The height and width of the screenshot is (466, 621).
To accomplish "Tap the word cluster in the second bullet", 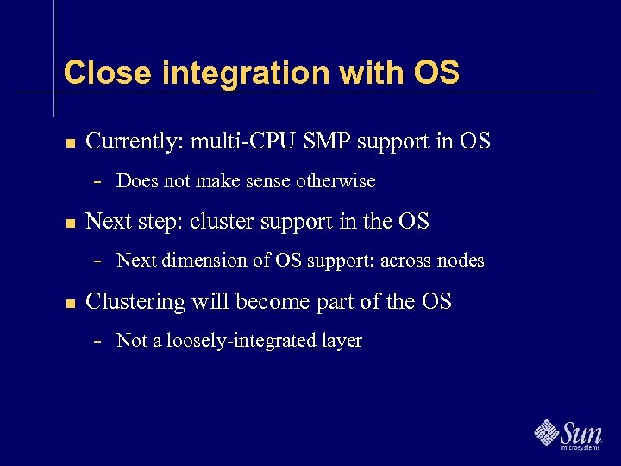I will [x=217, y=222].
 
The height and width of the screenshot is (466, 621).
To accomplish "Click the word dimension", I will [x=191, y=261].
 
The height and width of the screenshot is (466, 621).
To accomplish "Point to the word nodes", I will [x=461, y=261].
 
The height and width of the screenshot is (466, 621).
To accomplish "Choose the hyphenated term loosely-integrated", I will [x=241, y=341].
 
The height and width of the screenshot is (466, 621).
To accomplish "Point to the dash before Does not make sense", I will [x=98, y=182].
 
